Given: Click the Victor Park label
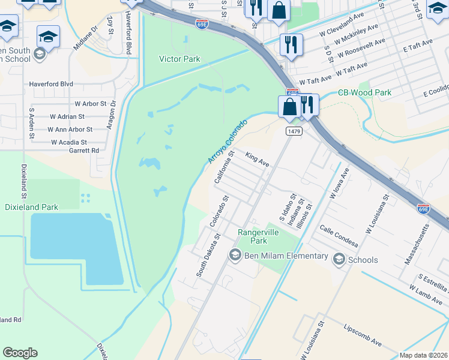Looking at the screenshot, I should [x=179, y=59].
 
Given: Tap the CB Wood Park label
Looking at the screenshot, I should [x=364, y=92].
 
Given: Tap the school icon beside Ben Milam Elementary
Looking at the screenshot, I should [x=235, y=256].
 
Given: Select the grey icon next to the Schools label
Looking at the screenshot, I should [x=339, y=259].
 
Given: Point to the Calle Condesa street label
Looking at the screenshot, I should [x=339, y=236].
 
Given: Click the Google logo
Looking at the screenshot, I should [x=20, y=353].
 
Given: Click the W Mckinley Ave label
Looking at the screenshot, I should [x=357, y=34].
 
